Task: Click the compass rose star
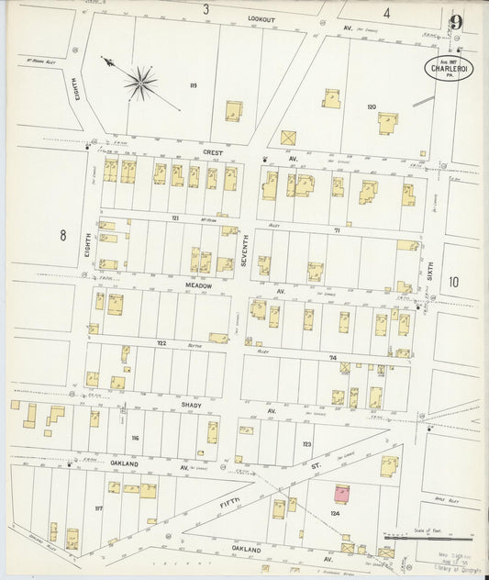coord(140,83)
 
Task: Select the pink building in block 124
coord(343,494)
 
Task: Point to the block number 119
coord(194,85)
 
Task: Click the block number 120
coord(371,107)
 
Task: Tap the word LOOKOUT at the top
coord(261,18)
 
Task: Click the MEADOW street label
coord(200,286)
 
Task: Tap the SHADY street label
coord(192,405)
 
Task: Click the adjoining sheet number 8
coord(63,236)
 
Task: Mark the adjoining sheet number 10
coord(454,282)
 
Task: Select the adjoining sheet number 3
coord(206,9)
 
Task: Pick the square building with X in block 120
coord(288,138)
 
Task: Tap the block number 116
coord(135,439)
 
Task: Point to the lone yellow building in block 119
coord(234,112)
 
